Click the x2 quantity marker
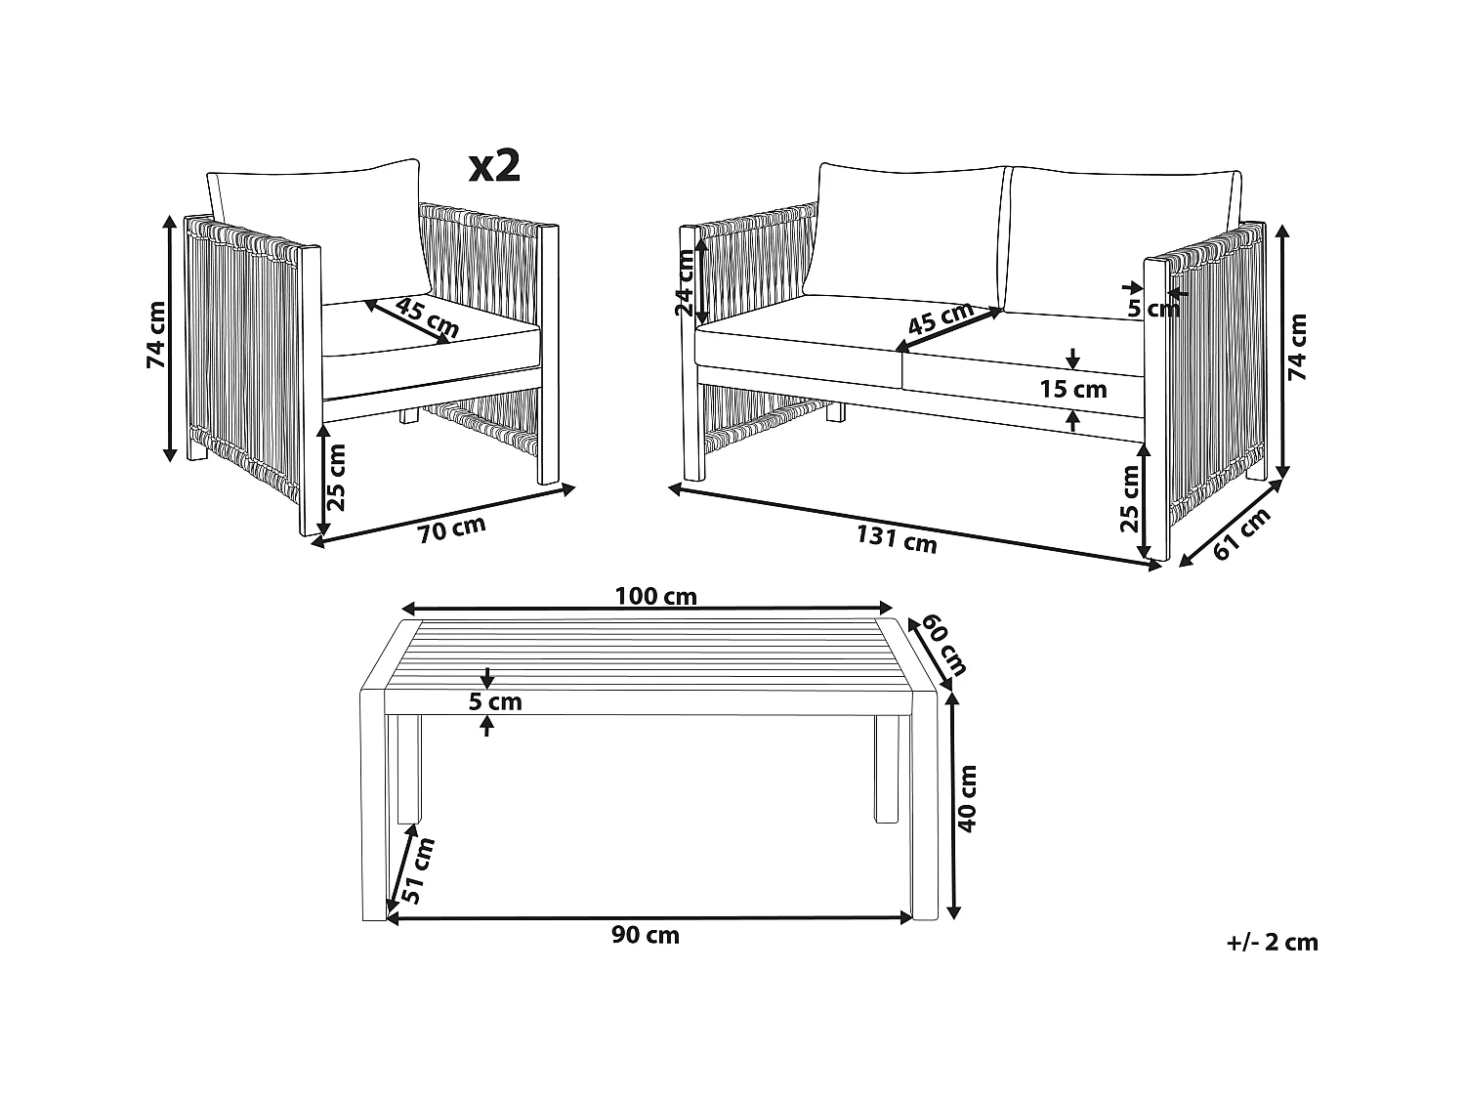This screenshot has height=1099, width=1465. (494, 167)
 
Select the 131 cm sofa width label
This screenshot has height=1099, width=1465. (897, 539)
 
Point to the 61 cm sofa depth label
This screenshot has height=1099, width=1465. (1241, 533)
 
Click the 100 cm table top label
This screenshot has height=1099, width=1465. (655, 596)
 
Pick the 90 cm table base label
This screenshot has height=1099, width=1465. (646, 936)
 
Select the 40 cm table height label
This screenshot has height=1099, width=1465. (967, 799)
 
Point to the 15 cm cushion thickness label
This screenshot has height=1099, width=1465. (1073, 389)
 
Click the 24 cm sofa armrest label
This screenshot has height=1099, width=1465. (686, 283)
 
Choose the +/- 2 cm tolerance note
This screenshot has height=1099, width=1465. (1273, 942)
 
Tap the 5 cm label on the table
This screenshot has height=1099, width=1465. (495, 702)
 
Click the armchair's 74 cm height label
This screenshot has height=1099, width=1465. (157, 335)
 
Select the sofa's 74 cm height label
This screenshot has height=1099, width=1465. (1297, 347)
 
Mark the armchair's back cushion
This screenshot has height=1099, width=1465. (318, 227)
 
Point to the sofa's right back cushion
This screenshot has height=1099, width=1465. (1121, 242)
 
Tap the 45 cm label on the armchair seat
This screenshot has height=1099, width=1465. (427, 317)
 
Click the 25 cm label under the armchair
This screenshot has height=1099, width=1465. (338, 477)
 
